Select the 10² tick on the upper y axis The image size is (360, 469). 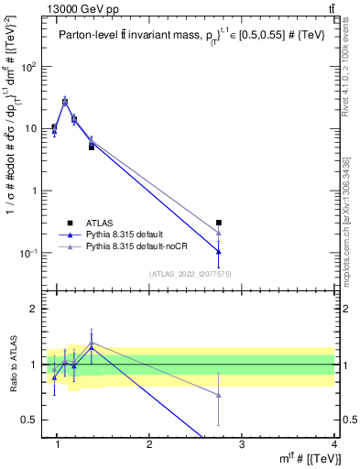(x=29, y=67)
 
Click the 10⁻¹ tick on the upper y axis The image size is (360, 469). (x=29, y=253)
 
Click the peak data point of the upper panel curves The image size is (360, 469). (x=65, y=102)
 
